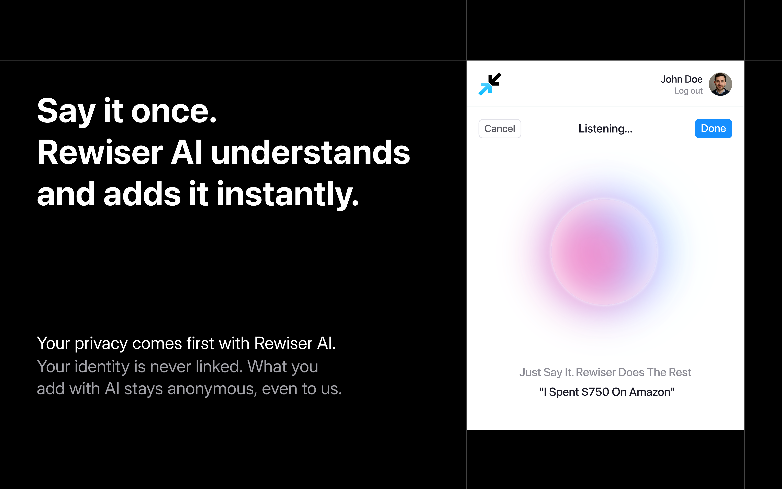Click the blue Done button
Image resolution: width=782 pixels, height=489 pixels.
[x=713, y=129]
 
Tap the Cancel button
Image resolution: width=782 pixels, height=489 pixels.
[x=500, y=129]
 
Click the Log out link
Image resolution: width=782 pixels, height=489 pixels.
[x=688, y=91]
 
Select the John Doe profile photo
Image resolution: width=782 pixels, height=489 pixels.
[x=720, y=84]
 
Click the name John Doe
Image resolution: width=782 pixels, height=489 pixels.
[x=681, y=79]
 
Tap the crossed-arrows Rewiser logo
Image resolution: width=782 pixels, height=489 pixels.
[x=490, y=84]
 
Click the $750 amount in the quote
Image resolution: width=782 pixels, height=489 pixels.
[x=595, y=392]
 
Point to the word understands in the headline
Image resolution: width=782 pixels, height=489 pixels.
[x=310, y=152]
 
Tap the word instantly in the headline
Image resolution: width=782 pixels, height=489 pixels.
[x=288, y=194]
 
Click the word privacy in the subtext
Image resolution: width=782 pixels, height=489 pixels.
[x=101, y=344]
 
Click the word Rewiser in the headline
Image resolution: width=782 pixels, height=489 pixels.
[x=100, y=152]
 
